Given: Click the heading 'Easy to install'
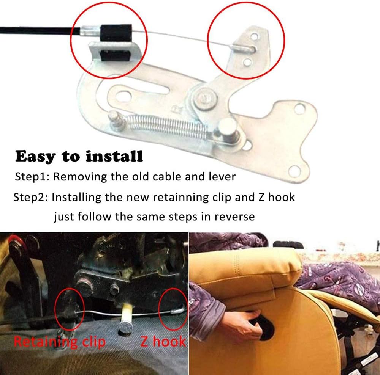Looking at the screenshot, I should (x=79, y=156).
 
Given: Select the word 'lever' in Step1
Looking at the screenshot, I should (x=222, y=177).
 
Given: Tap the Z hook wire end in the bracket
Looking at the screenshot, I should (x=244, y=48).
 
